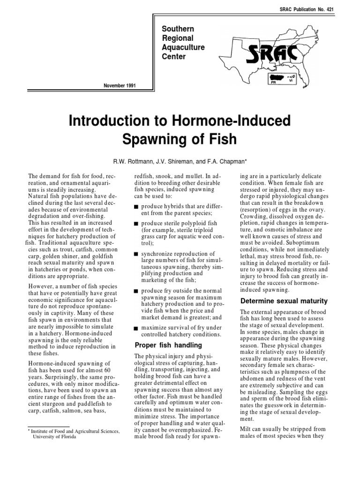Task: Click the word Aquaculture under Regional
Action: point(181,48)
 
